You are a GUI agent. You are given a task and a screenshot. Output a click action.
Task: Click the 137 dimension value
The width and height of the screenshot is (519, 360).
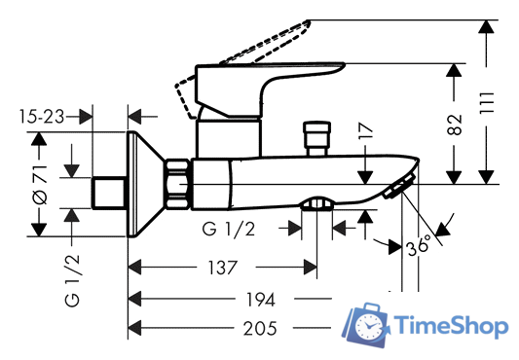(222, 268)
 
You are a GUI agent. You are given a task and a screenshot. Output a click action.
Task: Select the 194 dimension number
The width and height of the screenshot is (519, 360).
(261, 300)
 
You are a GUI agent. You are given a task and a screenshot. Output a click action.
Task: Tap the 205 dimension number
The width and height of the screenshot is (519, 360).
(260, 329)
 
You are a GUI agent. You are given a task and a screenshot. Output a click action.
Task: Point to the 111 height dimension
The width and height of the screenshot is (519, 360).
(487, 103)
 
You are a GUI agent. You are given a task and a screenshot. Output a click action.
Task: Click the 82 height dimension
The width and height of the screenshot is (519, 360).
(455, 125)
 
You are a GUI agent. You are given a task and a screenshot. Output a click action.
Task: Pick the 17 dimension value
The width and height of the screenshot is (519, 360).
(365, 130)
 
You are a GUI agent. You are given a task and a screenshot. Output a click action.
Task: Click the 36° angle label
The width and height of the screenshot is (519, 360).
(419, 245)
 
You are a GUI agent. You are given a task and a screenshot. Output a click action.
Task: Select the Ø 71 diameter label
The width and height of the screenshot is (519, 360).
(40, 184)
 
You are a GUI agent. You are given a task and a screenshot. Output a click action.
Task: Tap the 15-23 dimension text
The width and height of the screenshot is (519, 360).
(42, 117)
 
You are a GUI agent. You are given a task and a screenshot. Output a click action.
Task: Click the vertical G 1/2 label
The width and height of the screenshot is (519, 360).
(72, 281)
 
